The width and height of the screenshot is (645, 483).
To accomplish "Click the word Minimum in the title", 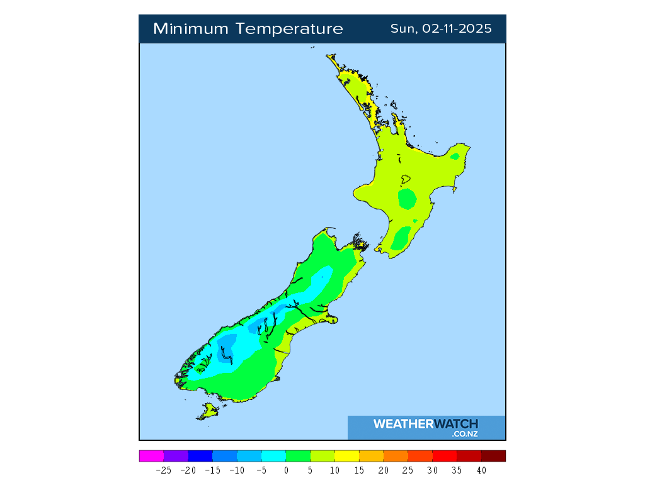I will (x=191, y=29).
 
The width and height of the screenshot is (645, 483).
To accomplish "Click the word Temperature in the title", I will (x=290, y=29).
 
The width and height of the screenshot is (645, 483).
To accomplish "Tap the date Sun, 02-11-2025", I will (x=441, y=29).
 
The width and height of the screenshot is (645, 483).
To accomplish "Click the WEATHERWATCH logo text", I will (x=425, y=424).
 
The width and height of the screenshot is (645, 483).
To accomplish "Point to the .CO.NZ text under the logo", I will (x=464, y=434).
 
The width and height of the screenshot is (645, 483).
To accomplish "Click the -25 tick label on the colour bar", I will (x=164, y=470).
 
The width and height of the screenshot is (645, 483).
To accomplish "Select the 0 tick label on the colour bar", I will (x=286, y=470).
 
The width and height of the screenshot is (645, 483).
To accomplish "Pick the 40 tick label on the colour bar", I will (x=481, y=470).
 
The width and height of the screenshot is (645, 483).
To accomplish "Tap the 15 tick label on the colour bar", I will (x=359, y=470).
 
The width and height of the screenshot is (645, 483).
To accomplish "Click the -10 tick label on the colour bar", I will (x=237, y=470).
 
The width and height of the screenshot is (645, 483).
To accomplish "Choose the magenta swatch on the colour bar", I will (x=151, y=456).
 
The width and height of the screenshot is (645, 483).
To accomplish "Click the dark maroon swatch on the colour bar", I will (x=493, y=456).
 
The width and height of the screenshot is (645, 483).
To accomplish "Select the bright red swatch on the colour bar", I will (x=445, y=456).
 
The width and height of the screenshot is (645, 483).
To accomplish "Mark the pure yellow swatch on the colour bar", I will (x=347, y=456).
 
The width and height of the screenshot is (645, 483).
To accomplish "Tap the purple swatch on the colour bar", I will (x=176, y=456).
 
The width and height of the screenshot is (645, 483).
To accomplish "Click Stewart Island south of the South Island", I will (x=208, y=412).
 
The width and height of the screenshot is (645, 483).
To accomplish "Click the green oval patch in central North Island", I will (x=408, y=199).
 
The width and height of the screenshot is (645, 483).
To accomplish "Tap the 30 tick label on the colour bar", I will (x=433, y=470).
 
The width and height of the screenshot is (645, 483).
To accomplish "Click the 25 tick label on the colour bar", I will (x=408, y=470).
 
